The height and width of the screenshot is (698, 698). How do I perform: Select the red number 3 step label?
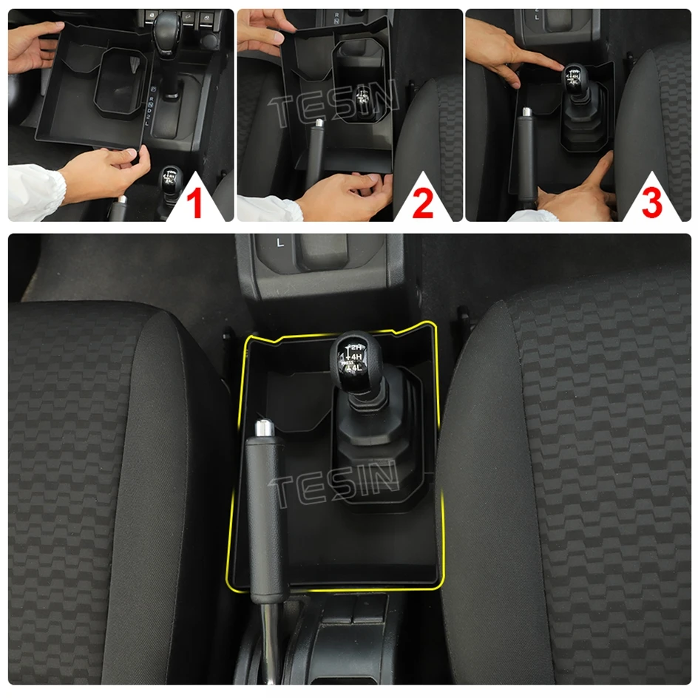(x=651, y=205)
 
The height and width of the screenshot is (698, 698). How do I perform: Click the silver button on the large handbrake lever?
(x=262, y=428)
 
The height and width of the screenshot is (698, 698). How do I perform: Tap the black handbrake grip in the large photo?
(x=265, y=518)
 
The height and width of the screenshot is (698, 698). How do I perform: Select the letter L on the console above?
(x=279, y=242)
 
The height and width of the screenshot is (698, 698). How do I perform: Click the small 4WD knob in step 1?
(x=171, y=179)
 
